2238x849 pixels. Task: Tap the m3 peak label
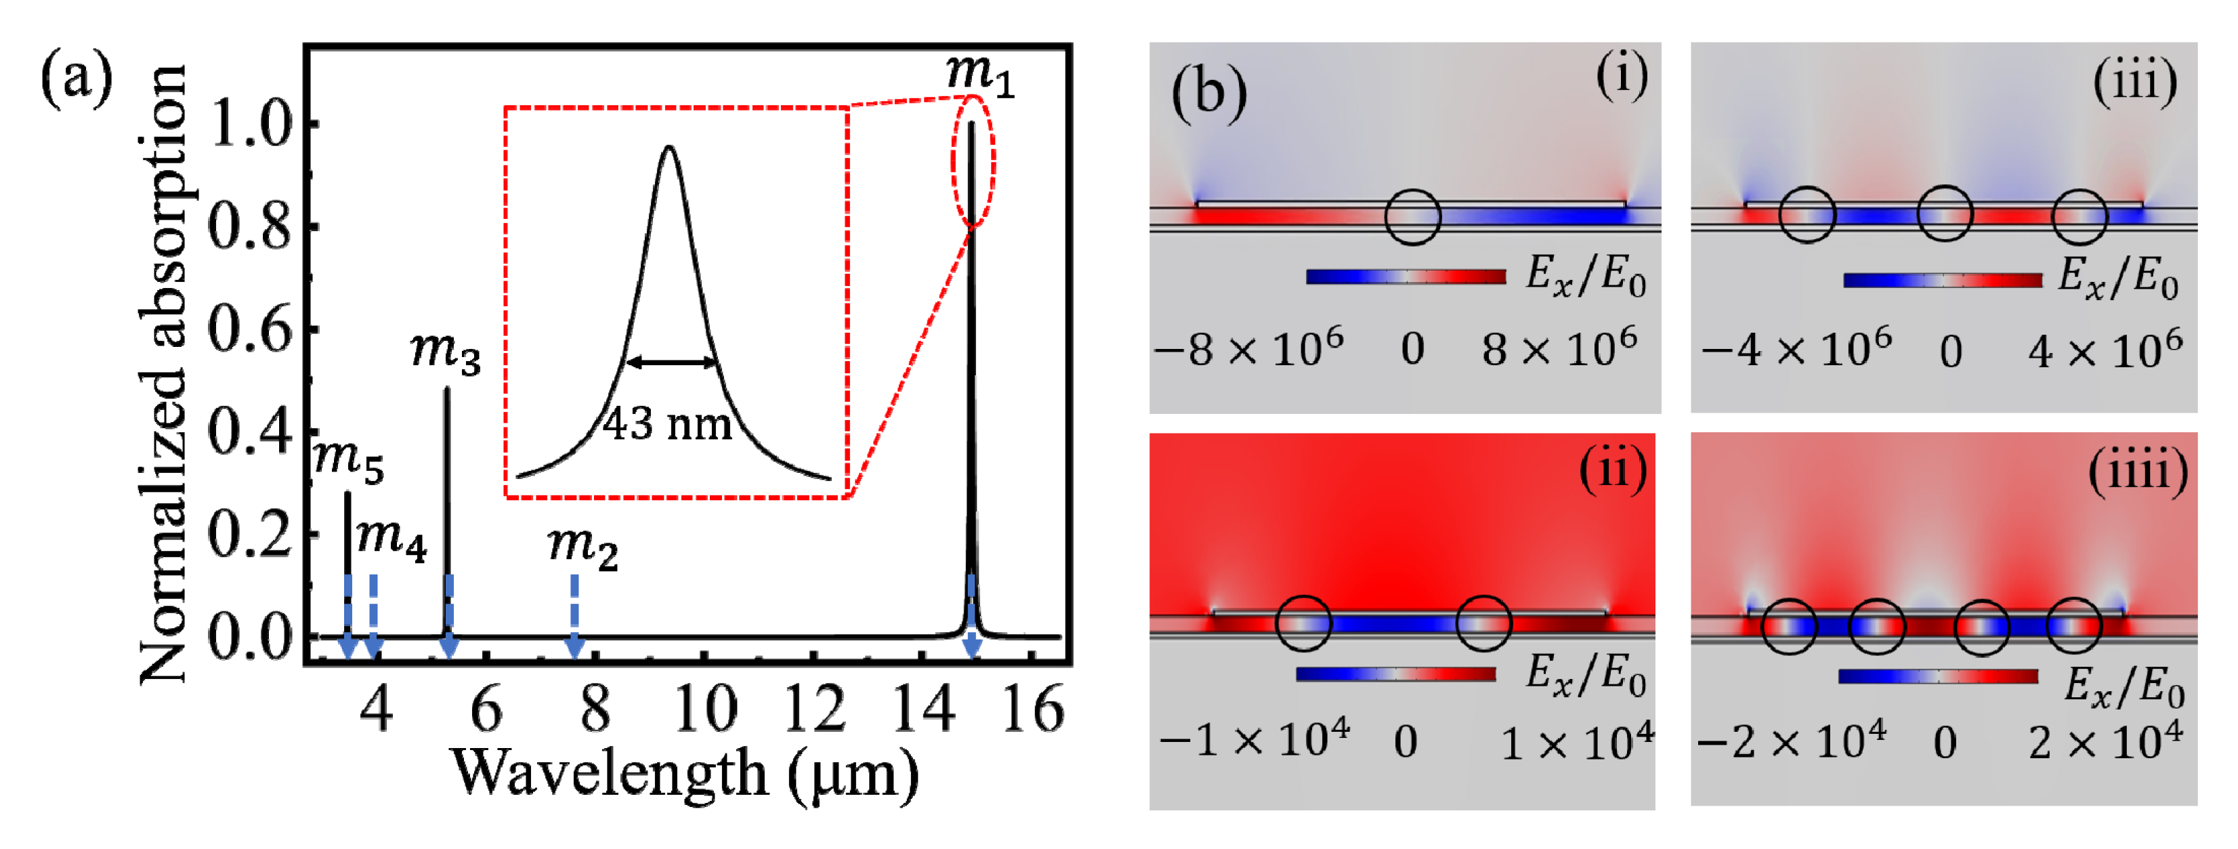[444, 352]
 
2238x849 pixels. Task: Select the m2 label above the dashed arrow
[582, 547]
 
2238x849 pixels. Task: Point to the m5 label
[347, 459]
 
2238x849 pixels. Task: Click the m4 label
[391, 539]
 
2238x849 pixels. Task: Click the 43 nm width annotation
[667, 425]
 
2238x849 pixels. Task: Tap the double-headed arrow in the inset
[671, 363]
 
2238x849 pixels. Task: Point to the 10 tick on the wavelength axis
[705, 710]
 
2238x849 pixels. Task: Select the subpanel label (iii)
[2134, 82]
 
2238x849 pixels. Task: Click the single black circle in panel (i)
[1413, 216]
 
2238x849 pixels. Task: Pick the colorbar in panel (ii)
[1395, 674]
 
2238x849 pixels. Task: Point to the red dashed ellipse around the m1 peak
[973, 161]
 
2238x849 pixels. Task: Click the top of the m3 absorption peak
[448, 390]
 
